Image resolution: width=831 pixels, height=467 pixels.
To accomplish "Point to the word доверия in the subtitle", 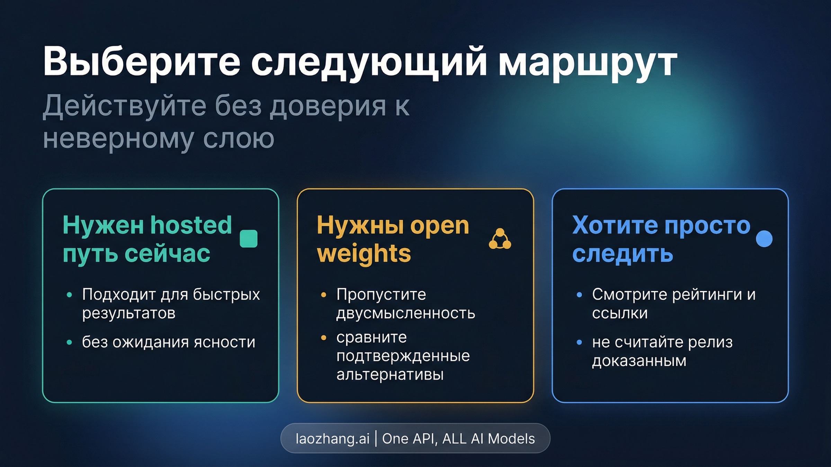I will (328, 105).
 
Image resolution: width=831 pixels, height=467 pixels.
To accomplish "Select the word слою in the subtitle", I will (239, 138).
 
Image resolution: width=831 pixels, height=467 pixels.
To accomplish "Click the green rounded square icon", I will (249, 239).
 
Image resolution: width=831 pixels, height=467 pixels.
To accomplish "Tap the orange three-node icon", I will (500, 239).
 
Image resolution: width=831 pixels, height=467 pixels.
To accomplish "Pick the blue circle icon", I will (764, 239).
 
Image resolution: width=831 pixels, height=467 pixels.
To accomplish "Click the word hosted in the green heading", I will (191, 225).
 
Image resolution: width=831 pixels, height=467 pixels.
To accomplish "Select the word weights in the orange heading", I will (364, 253).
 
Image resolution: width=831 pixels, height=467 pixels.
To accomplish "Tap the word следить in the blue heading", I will (622, 253).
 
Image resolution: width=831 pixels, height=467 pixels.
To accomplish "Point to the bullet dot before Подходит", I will (70, 295).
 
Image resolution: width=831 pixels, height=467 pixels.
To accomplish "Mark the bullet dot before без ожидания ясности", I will (70, 342).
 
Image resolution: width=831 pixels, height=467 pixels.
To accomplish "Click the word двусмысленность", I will (405, 313).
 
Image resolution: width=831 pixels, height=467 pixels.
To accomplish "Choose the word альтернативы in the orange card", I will (390, 374).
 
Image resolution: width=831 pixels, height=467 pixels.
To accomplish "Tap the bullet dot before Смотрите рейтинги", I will (579, 295).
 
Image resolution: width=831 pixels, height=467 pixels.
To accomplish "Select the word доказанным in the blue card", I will (639, 361).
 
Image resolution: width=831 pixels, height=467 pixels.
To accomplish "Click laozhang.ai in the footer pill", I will (332, 439).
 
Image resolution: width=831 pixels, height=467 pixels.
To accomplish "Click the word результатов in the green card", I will (128, 313).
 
